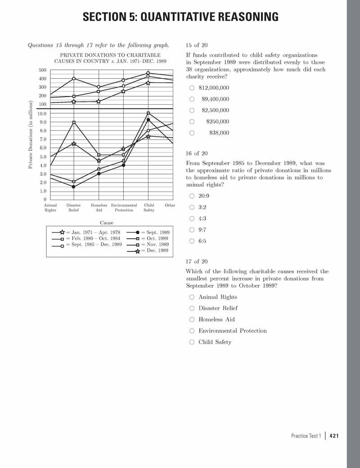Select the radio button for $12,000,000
pos(192,88)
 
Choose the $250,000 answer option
pos(192,121)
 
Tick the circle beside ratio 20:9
pos(192,196)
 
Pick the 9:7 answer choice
pos(192,230)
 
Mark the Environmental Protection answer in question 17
pos(192,331)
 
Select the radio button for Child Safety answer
pos(192,342)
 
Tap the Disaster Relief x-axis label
pos(74,208)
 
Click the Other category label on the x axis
pos(170,205)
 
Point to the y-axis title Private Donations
pos(30,135)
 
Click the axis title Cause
pos(107,223)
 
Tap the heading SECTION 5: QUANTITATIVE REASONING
pos(180,18)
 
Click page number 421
pos(334,436)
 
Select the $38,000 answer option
pos(192,133)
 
